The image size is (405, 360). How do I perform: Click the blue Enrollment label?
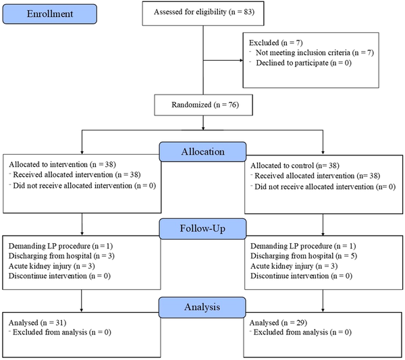50,14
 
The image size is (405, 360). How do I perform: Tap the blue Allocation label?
202,152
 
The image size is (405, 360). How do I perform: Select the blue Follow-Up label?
202,229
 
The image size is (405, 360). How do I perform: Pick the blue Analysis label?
202,307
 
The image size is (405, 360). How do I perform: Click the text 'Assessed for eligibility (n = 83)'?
204,12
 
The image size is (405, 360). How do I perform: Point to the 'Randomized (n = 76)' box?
204,105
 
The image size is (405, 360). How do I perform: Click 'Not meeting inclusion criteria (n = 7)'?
315,53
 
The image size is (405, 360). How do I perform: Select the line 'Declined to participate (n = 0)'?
304,63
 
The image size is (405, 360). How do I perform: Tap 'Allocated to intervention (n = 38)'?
62,165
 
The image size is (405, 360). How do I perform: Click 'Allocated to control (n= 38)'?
295,165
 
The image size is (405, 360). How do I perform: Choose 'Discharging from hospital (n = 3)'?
61,256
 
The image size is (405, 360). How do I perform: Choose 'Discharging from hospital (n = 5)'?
304,256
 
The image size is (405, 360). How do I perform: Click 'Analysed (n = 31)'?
37,323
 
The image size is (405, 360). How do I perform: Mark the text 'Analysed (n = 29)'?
278,323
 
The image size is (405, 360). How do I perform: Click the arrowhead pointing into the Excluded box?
242,61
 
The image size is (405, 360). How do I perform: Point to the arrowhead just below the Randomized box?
203,128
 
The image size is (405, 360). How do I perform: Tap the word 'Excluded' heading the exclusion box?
264,43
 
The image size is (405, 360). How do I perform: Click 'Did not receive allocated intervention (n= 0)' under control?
325,187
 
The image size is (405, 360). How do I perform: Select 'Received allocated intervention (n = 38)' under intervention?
77,175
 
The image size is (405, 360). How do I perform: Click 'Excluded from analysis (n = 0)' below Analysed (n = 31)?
62,332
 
